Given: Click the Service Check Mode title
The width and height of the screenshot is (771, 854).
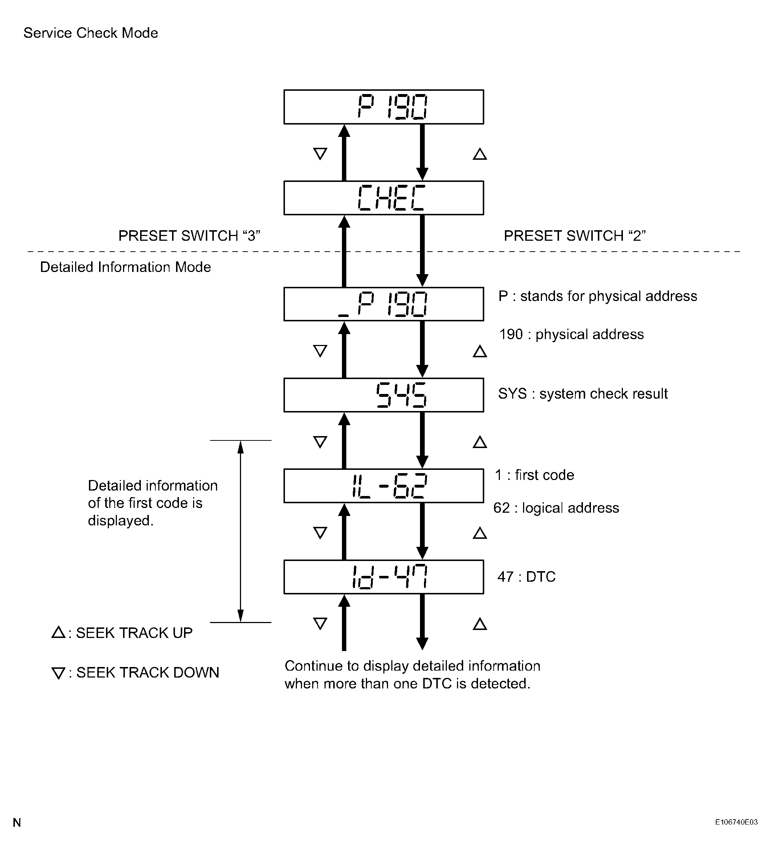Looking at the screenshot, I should pos(91,33).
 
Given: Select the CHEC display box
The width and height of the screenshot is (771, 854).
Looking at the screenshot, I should pos(383,198).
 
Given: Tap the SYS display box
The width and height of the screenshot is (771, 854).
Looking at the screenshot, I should pos(383,395).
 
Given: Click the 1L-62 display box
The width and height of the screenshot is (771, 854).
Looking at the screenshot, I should pos(383,485).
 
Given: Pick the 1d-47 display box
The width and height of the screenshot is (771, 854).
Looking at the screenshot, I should pos(383,577).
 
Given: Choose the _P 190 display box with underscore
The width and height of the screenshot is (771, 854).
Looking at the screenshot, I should pos(383,304).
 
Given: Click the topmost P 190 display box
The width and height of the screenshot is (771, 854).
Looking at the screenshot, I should pos(383,107).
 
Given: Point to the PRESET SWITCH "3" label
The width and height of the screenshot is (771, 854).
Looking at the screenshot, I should pos(189,236).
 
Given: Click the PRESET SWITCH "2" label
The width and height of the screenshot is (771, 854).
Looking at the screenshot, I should pos(574,236).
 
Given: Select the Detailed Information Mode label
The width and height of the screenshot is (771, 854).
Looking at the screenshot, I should pos(125,267).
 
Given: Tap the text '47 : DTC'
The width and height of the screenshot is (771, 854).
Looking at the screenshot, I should pos(526,577).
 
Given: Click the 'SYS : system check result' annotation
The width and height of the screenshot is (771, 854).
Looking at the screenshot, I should pos(583,394).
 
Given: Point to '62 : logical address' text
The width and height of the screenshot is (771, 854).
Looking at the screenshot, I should pos(556,508).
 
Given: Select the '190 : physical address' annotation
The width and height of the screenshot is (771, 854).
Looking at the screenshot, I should pos(571,334).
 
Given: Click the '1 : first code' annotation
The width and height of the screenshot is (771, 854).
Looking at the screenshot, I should pos(534,475).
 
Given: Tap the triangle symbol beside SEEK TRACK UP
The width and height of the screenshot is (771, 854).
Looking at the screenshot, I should pos(58,633).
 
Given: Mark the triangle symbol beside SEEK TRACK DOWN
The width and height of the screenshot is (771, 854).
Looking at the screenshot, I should pos(58,673).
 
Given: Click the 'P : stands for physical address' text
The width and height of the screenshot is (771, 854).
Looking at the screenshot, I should pos(597,296).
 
